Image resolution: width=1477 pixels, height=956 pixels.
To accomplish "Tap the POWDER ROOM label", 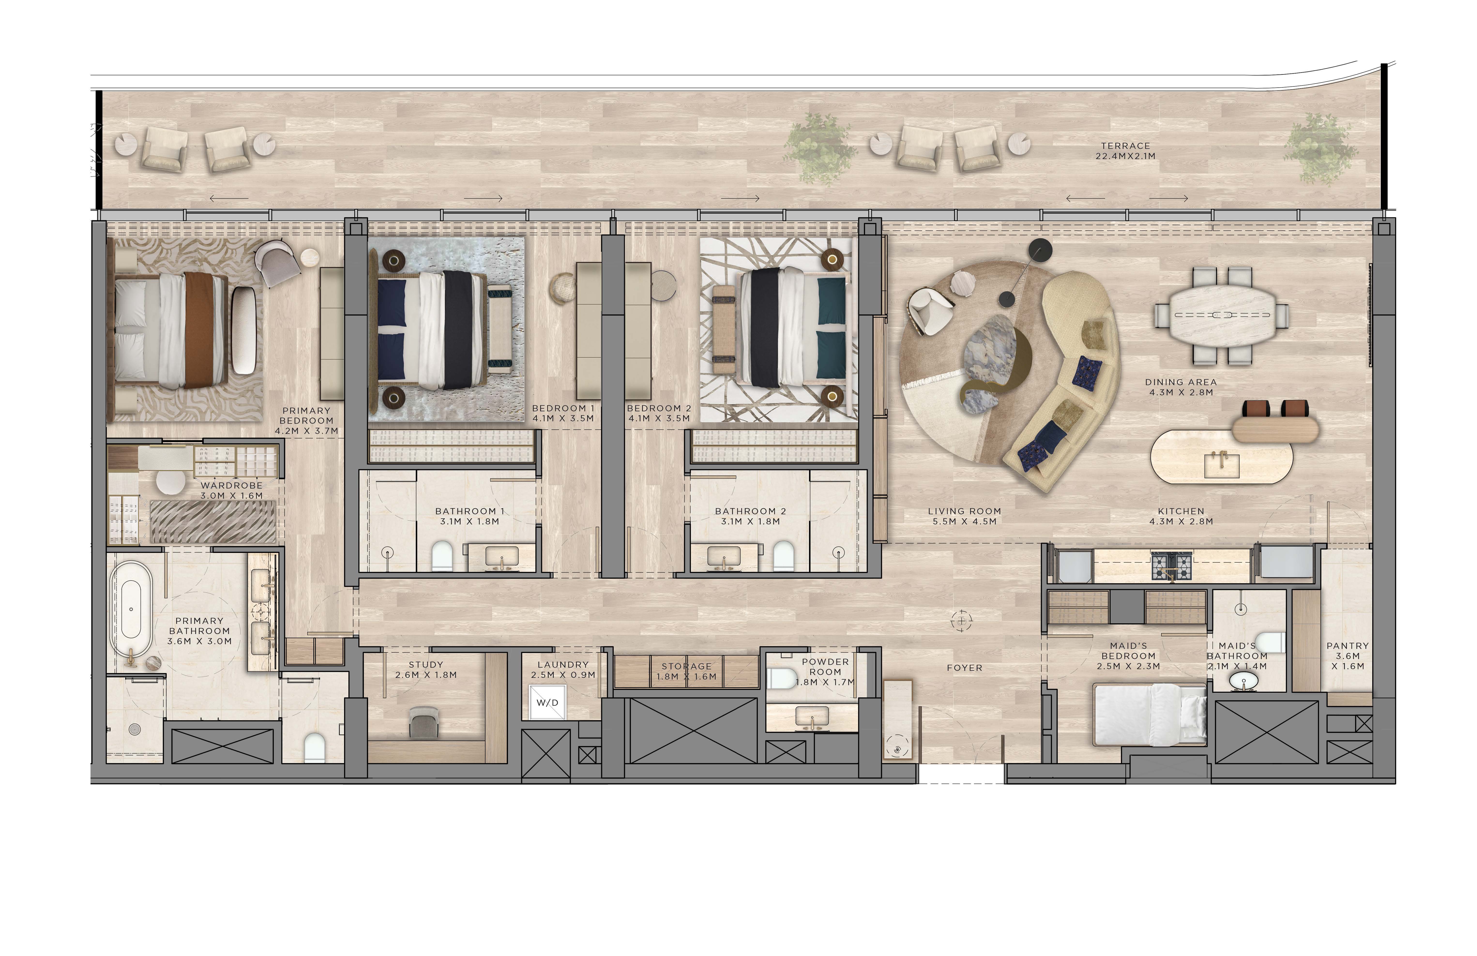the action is pyautogui.click(x=825, y=667).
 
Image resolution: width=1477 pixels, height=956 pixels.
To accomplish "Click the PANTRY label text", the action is pyautogui.click(x=1347, y=646).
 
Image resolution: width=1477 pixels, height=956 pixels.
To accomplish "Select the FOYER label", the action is pyautogui.click(x=964, y=668).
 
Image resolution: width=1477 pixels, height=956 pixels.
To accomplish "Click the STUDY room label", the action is pyautogui.click(x=426, y=664).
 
